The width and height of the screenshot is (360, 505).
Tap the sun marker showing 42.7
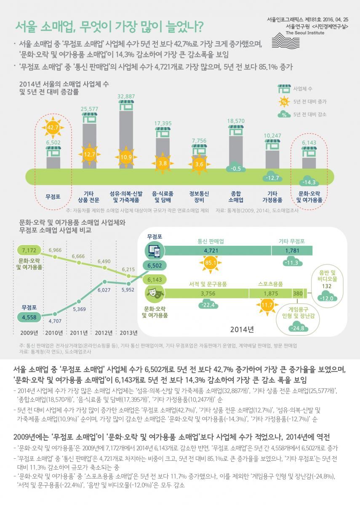(53, 127)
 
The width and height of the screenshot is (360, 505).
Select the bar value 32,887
(126, 96)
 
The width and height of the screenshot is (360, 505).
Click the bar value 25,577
(89, 109)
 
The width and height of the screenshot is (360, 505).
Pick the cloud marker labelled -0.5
(236, 168)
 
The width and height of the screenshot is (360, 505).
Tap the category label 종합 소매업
(236, 197)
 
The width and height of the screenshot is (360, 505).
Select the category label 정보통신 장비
(200, 197)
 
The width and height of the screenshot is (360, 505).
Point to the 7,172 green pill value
(29, 251)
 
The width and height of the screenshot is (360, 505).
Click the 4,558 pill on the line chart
(29, 316)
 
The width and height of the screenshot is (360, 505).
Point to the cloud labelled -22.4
(208, 305)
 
